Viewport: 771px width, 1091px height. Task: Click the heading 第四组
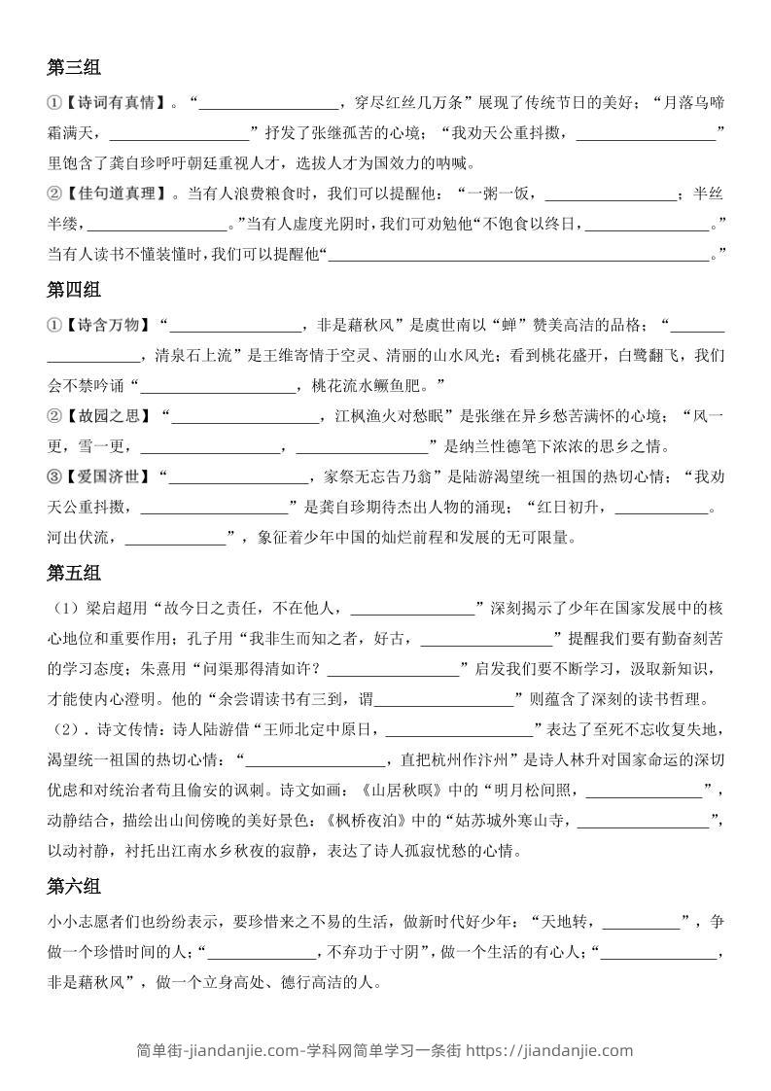click(x=74, y=290)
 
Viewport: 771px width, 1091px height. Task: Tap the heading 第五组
click(x=74, y=574)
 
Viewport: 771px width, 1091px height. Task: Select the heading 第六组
click(x=74, y=887)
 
